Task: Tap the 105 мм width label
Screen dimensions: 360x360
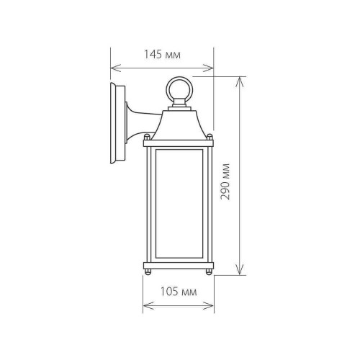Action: coord(178,292)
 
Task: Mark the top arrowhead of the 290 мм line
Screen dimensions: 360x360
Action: coord(239,77)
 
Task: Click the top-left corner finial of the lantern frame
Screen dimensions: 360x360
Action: coord(146,137)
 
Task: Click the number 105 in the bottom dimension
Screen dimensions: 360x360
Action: coord(170,292)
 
